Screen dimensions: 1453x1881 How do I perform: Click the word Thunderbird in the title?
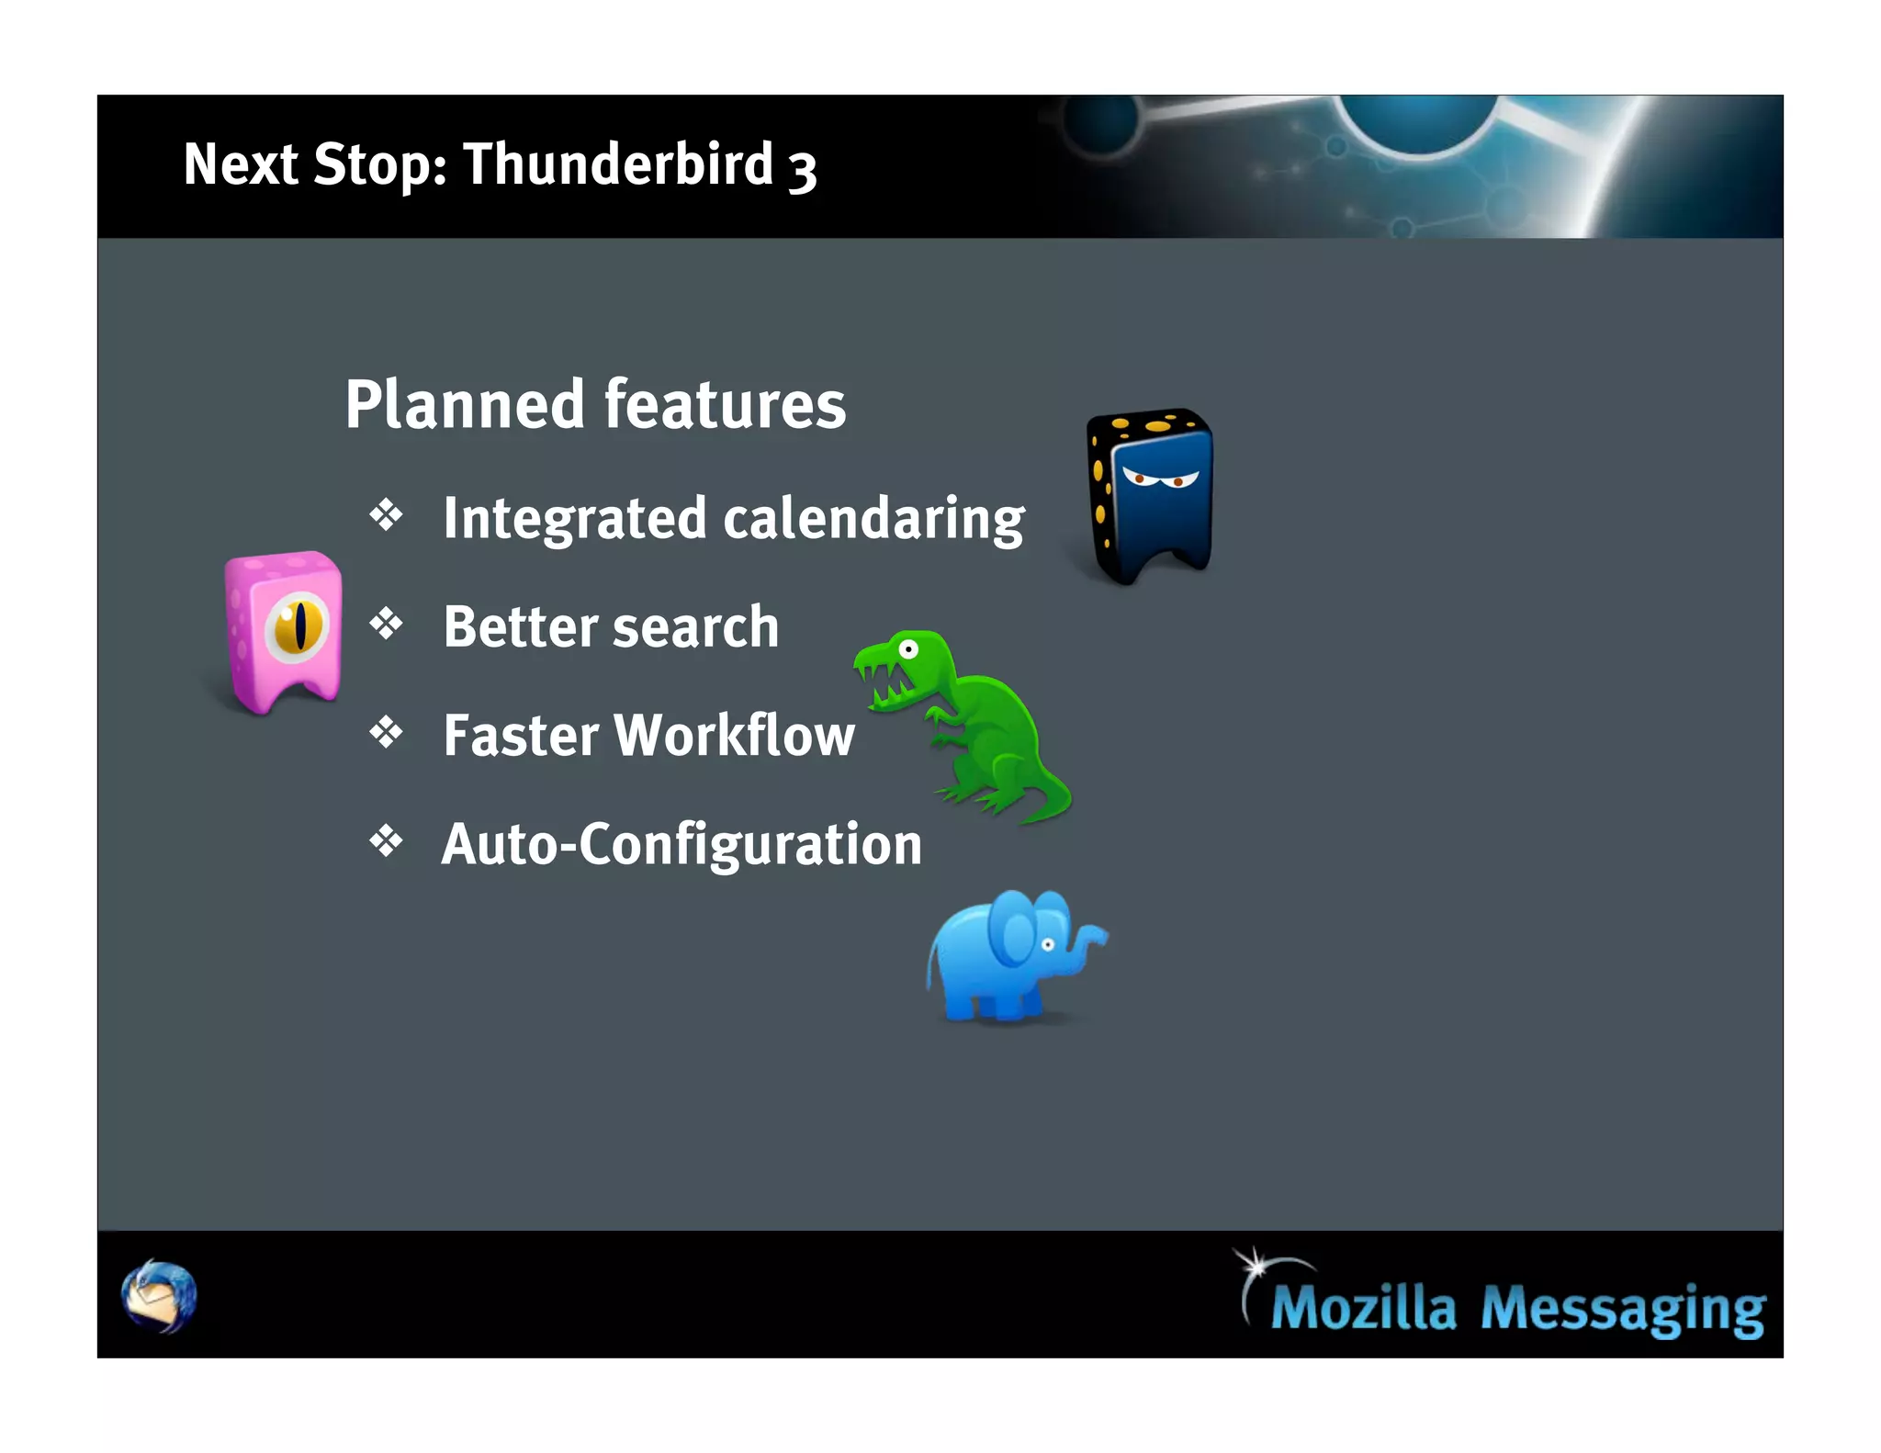click(x=618, y=164)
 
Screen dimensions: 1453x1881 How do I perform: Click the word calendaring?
click(x=873, y=519)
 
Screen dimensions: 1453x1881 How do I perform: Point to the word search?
click(x=695, y=627)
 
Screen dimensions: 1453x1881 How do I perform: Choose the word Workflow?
click(x=735, y=736)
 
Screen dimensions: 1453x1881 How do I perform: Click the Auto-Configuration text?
click(x=681, y=844)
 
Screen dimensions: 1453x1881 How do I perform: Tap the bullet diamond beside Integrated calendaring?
click(x=387, y=515)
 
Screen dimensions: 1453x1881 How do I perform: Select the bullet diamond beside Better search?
click(x=387, y=624)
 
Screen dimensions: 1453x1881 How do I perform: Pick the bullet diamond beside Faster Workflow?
click(x=387, y=732)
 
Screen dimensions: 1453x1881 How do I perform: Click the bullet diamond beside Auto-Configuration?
click(x=387, y=840)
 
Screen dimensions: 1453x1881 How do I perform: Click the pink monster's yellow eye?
click(x=297, y=626)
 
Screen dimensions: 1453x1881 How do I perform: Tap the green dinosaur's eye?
click(x=908, y=650)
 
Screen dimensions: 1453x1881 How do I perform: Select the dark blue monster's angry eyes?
click(x=1159, y=478)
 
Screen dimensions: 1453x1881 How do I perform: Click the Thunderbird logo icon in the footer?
click(x=159, y=1296)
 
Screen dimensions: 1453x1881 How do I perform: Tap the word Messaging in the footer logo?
click(x=1622, y=1308)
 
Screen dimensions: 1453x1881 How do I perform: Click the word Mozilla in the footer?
click(x=1363, y=1306)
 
